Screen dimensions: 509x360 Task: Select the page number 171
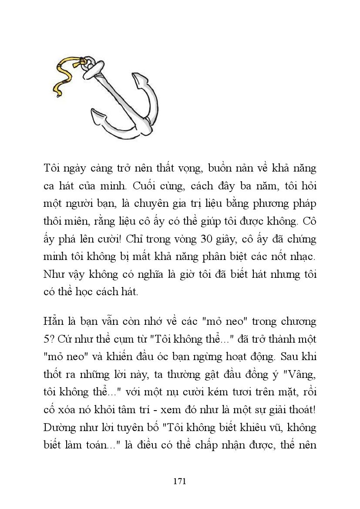coord(180,481)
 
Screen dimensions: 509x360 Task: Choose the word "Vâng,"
coord(300,374)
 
